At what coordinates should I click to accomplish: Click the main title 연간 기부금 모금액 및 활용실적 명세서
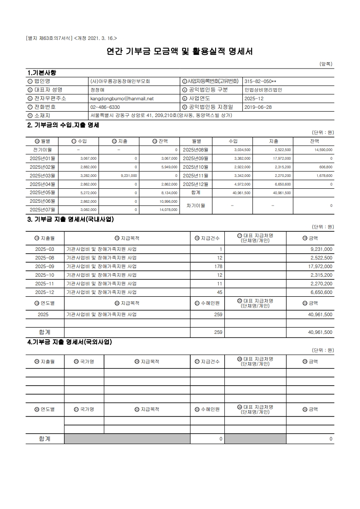click(x=179, y=51)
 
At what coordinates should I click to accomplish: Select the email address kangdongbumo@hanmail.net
click(x=122, y=98)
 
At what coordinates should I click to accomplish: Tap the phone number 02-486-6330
click(x=105, y=107)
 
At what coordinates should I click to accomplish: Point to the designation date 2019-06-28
click(x=258, y=107)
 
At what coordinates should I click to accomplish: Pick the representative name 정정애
click(x=97, y=89)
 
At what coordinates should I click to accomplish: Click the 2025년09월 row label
click(x=195, y=158)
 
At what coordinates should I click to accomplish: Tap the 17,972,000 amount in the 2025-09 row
click(x=320, y=266)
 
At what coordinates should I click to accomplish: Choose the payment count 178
click(x=218, y=266)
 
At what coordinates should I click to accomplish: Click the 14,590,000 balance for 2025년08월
click(x=321, y=150)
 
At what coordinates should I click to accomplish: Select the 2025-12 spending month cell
click(x=44, y=292)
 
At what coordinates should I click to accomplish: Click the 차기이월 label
click(x=196, y=206)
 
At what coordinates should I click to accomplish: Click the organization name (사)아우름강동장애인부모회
click(x=120, y=81)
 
